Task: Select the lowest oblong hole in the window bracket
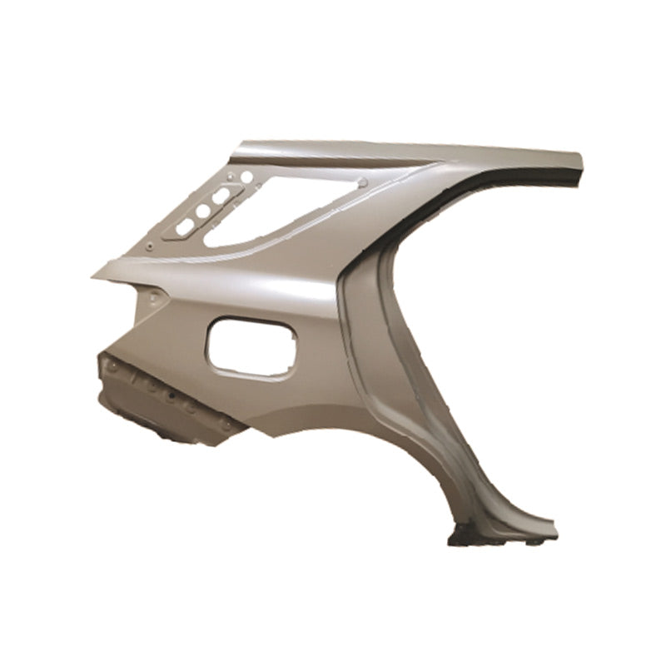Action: [184, 227]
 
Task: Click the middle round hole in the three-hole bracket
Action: [202, 211]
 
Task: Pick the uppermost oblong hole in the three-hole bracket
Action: [221, 196]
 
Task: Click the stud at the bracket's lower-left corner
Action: [148, 246]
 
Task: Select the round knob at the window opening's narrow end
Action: [363, 182]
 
